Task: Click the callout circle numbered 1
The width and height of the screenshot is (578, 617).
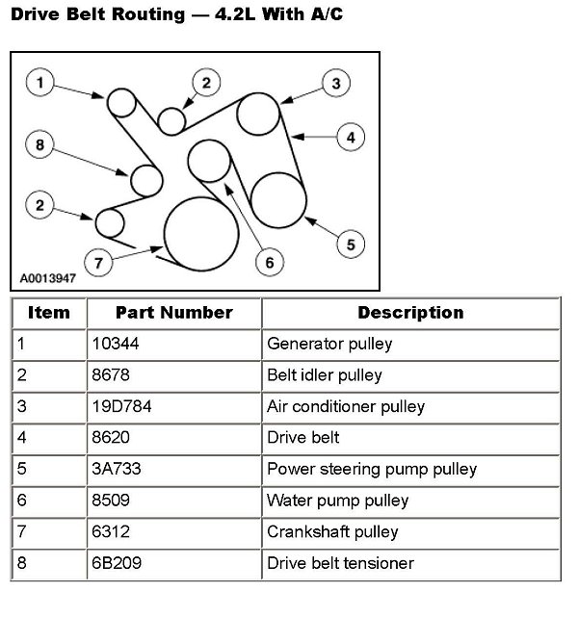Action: [x=39, y=84]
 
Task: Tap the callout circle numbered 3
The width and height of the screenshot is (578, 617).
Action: [x=334, y=84]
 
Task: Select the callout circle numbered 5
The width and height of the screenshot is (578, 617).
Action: [x=351, y=244]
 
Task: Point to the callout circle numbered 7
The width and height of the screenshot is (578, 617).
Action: [x=97, y=261]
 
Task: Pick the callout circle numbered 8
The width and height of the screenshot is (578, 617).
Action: [x=39, y=145]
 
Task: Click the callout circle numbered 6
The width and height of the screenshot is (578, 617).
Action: [x=269, y=261]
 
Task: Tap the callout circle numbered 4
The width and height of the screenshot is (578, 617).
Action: [x=351, y=138]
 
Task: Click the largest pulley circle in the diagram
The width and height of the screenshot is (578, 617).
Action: [x=201, y=235]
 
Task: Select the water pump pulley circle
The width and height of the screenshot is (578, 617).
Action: [x=209, y=160]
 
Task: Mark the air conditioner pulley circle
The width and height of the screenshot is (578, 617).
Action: [x=260, y=116]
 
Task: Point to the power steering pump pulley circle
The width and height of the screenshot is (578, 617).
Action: [x=278, y=196]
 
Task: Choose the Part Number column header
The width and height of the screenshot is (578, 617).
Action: [x=173, y=313]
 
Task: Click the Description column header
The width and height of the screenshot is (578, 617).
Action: [x=410, y=313]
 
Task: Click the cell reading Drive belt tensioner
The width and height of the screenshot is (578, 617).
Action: [x=339, y=563]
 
